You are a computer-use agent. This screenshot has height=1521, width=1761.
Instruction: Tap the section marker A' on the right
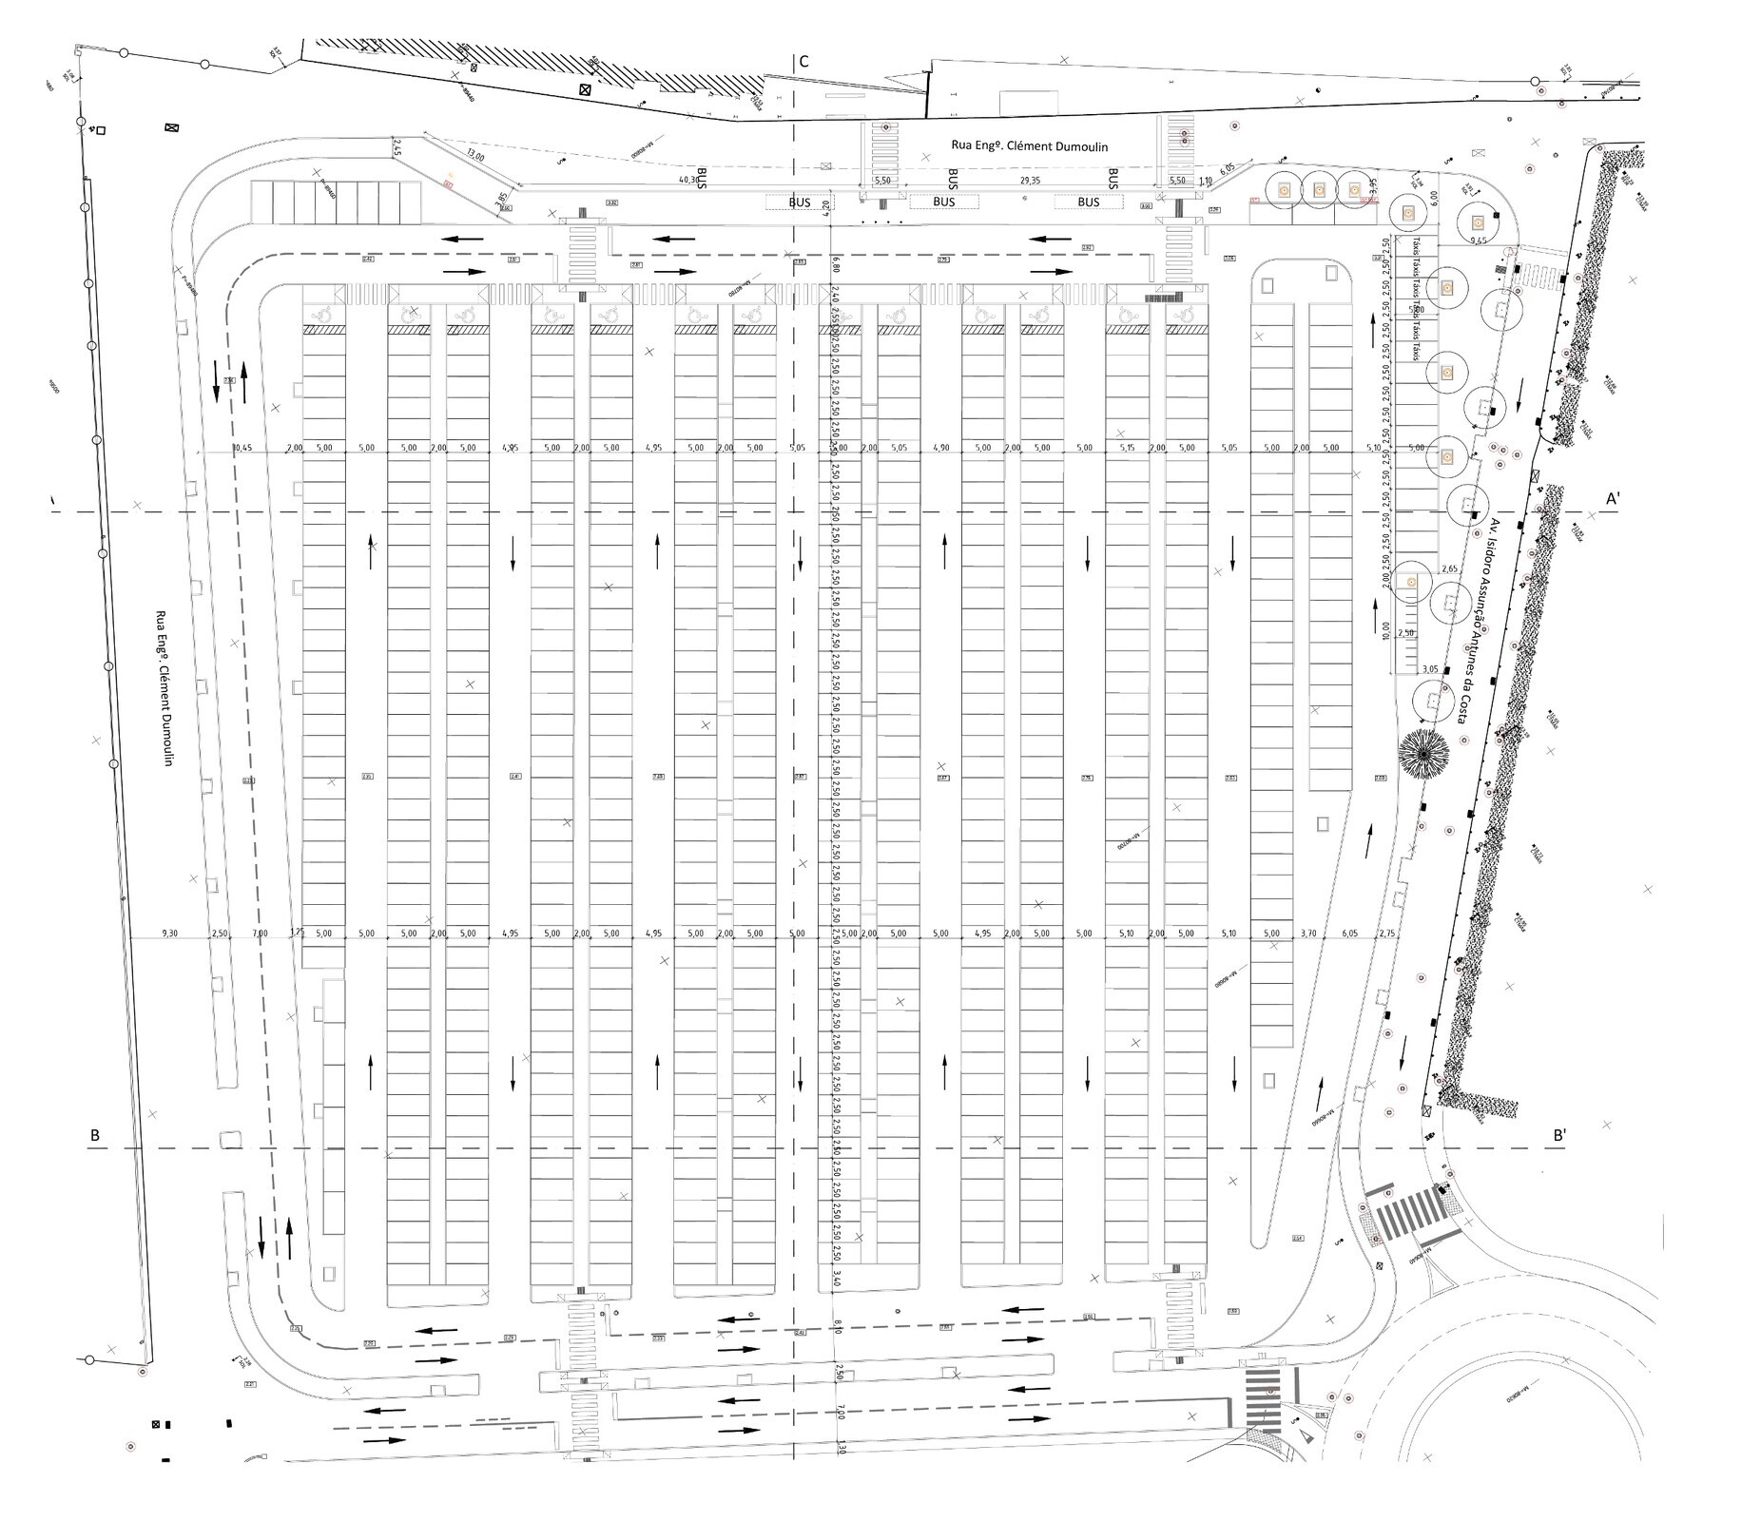coord(1614,498)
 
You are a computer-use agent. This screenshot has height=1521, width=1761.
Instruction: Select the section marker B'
coord(1560,1134)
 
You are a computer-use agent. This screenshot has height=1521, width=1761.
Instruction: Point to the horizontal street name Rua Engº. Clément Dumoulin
coord(1030,146)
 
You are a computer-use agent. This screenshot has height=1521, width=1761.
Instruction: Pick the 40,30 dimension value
coord(688,180)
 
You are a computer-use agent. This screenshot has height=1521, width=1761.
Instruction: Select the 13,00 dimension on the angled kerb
coord(475,158)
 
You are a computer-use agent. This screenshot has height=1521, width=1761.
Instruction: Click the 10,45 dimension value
coord(243,447)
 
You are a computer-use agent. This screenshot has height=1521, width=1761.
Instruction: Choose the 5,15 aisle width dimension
coord(1128,447)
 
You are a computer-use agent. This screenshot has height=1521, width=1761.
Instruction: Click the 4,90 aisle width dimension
coord(940,447)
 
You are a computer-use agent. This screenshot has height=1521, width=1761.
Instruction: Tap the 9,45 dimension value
coord(1478,241)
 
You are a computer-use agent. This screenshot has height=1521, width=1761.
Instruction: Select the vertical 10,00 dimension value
coord(1387,632)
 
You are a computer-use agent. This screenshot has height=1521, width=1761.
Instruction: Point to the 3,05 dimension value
coord(1429,669)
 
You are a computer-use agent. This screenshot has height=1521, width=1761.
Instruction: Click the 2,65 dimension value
coord(1450,568)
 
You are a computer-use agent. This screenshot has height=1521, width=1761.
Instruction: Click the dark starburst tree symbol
coord(1423,755)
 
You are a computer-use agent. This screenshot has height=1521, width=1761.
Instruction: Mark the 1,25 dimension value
coord(297,934)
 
